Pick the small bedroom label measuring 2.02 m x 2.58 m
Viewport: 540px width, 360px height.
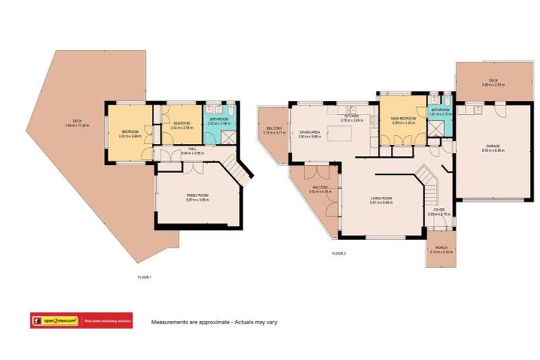pyautogui.click(x=181, y=127)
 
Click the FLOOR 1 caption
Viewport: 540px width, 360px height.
pyautogui.click(x=144, y=277)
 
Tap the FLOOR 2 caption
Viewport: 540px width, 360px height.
pyautogui.click(x=339, y=252)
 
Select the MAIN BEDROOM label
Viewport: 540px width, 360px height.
pyautogui.click(x=403, y=120)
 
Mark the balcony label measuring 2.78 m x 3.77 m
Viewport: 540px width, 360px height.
pyautogui.click(x=272, y=130)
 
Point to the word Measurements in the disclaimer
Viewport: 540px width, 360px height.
pyautogui.click(x=168, y=322)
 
